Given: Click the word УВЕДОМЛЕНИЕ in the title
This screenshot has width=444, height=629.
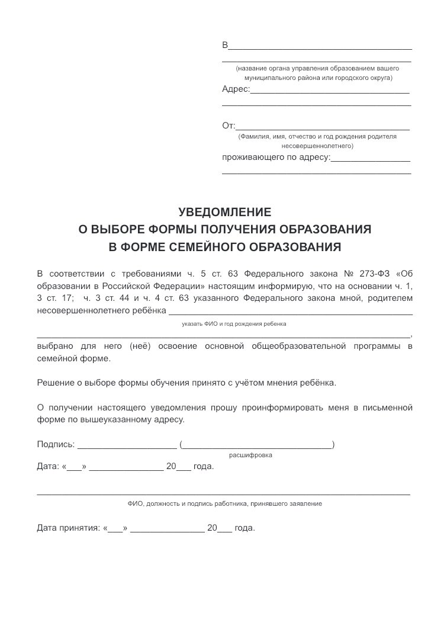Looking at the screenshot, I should click(224, 211).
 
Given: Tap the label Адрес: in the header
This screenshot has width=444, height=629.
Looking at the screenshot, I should click(236, 89).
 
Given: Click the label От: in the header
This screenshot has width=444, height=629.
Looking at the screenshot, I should click(229, 125).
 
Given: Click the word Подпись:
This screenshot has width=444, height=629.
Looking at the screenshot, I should click(56, 444).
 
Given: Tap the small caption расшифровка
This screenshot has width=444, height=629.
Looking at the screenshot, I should click(251, 455).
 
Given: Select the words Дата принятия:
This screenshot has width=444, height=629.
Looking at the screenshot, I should click(68, 528).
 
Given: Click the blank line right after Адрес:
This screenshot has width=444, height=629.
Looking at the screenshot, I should click(330, 92).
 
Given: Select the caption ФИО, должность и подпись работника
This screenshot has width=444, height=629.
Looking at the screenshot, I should click(224, 503).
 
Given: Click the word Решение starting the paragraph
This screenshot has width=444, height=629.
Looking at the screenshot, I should click(56, 382).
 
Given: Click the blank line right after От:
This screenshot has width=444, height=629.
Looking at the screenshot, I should click(323, 129).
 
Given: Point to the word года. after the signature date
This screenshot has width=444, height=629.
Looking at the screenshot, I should click(204, 466).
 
